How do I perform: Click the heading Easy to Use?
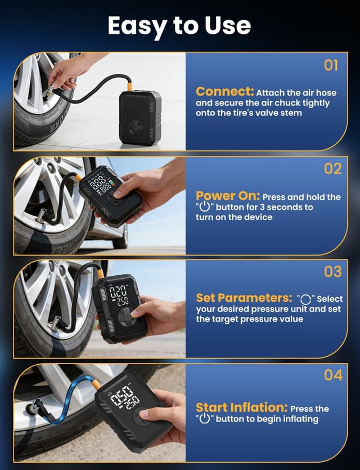179,25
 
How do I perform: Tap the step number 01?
332,65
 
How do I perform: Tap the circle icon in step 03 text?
305,299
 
